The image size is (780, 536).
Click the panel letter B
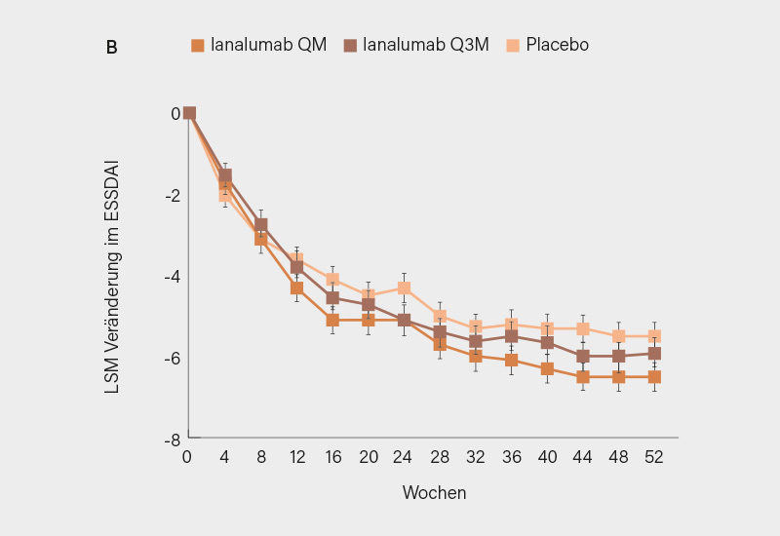[x=111, y=47]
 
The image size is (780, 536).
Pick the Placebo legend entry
[x=547, y=45]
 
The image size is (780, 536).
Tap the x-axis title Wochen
[x=434, y=493]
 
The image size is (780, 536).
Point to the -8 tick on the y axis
[x=172, y=440]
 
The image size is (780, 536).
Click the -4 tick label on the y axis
[x=172, y=277]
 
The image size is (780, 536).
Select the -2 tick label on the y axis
[x=172, y=196]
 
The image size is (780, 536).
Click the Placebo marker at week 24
[x=404, y=288]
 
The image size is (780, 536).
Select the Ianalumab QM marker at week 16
[x=332, y=320]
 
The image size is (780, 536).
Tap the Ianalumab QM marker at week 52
[x=654, y=376]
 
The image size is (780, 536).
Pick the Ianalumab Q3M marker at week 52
[x=654, y=354]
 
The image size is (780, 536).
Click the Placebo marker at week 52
[x=654, y=336]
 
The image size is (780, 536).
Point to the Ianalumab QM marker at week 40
[x=547, y=368]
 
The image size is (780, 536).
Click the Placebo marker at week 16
[x=332, y=280]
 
